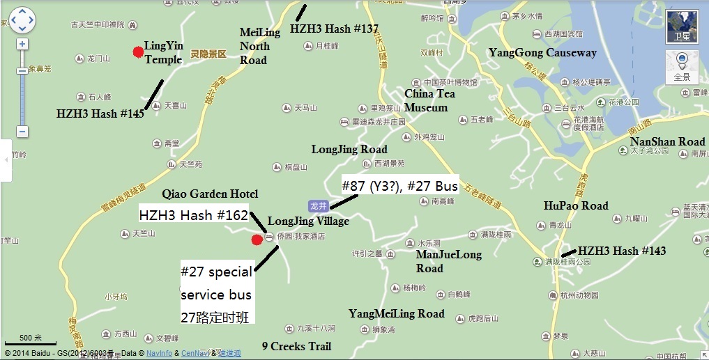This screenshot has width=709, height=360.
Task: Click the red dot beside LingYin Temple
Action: [x=138, y=51]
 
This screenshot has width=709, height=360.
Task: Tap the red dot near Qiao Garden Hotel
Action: [x=257, y=240]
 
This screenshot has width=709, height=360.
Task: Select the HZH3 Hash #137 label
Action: [x=334, y=29]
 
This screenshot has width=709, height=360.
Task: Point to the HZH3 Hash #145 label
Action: [x=100, y=114]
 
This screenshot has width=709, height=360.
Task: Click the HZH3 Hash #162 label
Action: [x=194, y=215]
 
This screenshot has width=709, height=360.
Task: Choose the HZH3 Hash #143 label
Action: [x=622, y=251]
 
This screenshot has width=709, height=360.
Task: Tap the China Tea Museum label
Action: [x=426, y=100]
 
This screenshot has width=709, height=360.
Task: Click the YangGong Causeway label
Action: [x=542, y=53]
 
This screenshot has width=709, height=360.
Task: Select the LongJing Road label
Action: [x=349, y=149]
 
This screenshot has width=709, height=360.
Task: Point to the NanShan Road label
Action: [x=667, y=142]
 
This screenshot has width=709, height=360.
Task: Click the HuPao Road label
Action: [x=576, y=205]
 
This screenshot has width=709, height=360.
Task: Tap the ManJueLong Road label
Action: [x=449, y=261]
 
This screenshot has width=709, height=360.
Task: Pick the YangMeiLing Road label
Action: [x=396, y=313]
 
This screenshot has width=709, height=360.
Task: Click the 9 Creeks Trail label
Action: [x=296, y=346]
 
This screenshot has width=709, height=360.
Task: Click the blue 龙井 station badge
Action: [x=318, y=205]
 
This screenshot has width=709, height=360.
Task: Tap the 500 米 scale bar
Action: [x=31, y=341]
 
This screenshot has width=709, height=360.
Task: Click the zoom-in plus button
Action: [x=22, y=44]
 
